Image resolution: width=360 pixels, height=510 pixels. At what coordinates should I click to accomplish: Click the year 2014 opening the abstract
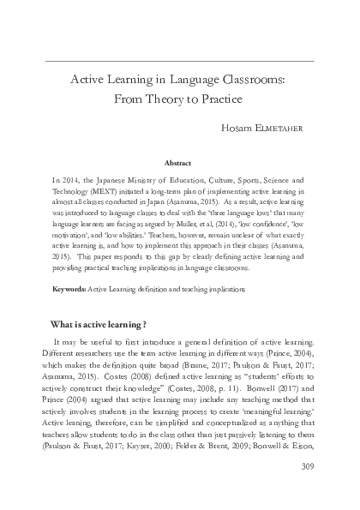click(69, 182)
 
